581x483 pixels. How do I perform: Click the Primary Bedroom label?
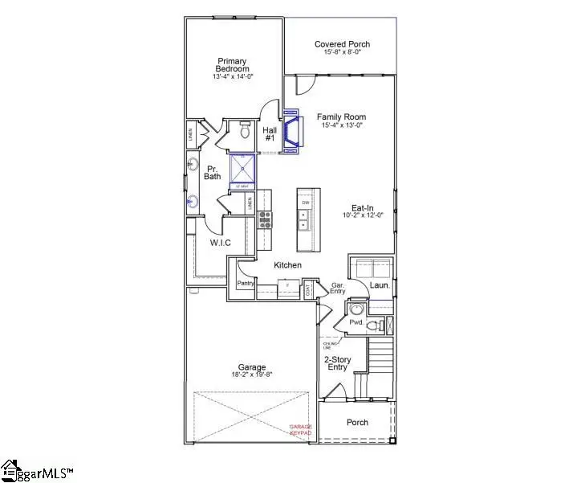tap(233, 65)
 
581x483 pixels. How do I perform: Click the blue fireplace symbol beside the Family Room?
tap(294, 131)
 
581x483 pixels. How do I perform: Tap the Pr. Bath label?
tap(213, 172)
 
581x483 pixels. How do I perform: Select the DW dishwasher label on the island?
tap(306, 203)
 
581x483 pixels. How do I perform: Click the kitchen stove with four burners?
tap(265, 219)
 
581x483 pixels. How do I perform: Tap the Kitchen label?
tap(288, 264)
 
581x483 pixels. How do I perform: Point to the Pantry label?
tap(245, 284)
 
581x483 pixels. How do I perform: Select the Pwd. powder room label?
tap(356, 322)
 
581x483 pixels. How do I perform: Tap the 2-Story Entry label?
tap(336, 362)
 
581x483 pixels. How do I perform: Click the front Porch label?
tap(357, 422)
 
